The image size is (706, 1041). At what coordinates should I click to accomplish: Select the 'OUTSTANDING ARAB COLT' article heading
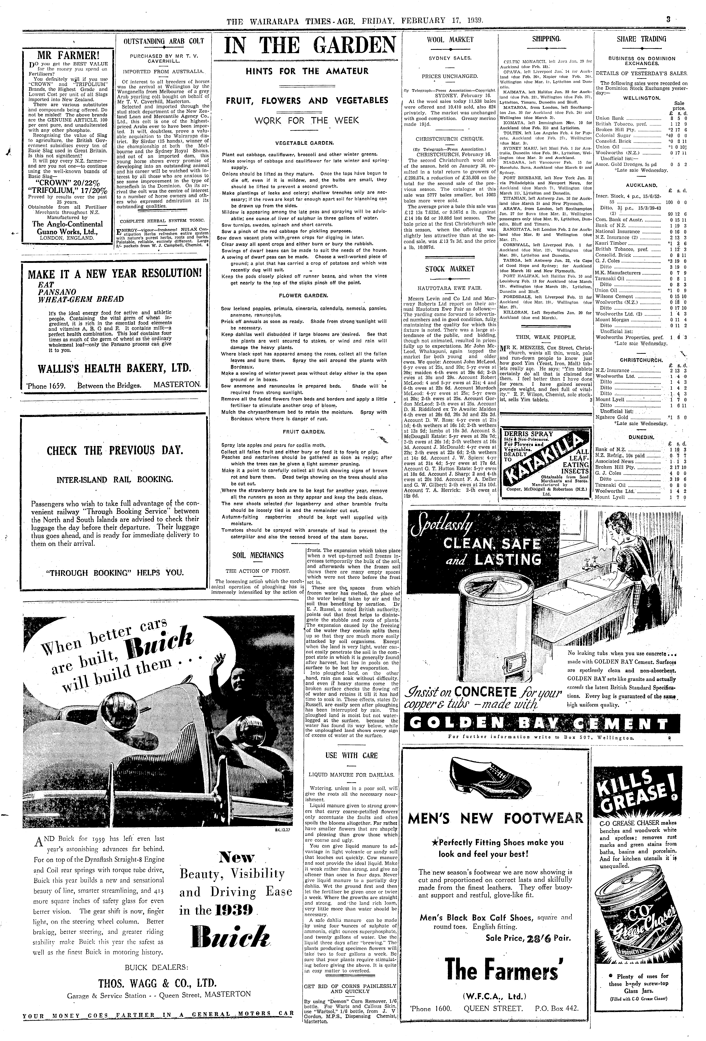(x=163, y=41)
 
